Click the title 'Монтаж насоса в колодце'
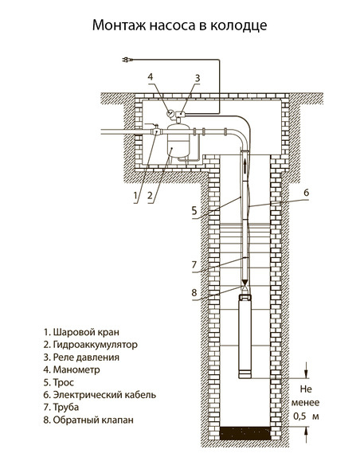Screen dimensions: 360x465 click(x=180, y=25)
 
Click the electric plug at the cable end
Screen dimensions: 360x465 click(x=127, y=60)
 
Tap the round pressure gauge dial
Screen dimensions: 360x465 click(x=170, y=113)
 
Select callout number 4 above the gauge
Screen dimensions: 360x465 click(x=151, y=76)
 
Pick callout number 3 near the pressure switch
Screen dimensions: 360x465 click(x=198, y=78)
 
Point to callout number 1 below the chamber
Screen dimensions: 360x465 click(x=135, y=195)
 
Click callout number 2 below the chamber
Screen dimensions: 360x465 click(x=150, y=195)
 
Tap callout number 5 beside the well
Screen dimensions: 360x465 click(x=194, y=211)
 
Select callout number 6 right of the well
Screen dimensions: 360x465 click(x=306, y=193)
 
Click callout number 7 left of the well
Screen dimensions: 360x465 click(x=194, y=264)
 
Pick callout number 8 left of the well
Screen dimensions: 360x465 click(x=194, y=292)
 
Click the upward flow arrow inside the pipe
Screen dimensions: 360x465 click(x=245, y=166)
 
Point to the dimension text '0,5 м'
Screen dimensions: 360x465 click(x=306, y=416)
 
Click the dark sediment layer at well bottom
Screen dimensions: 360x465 click(x=245, y=433)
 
